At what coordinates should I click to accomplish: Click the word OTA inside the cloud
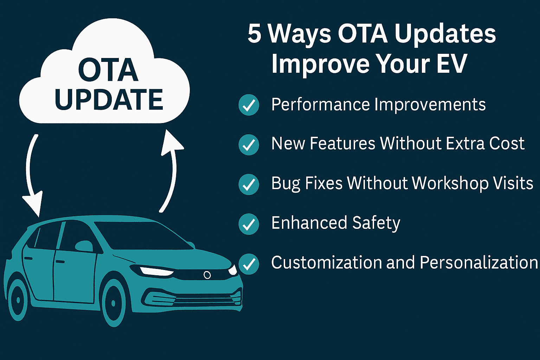click(x=108, y=70)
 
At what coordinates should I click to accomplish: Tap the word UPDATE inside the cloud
click(x=109, y=99)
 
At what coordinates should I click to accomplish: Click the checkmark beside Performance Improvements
click(x=249, y=105)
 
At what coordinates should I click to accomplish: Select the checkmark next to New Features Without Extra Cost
click(x=249, y=145)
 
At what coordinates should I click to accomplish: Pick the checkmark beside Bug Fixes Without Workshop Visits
click(x=249, y=184)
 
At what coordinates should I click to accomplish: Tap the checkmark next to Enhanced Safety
click(x=249, y=224)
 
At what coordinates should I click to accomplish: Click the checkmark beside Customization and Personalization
click(x=249, y=264)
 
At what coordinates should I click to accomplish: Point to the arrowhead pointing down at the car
click(x=33, y=203)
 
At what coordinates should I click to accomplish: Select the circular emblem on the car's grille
click(x=207, y=275)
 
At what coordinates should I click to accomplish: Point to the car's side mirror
click(x=84, y=246)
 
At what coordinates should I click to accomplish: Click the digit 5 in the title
click(x=255, y=34)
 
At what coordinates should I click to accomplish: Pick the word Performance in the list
click(x=321, y=105)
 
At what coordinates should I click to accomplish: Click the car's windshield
click(x=142, y=235)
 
